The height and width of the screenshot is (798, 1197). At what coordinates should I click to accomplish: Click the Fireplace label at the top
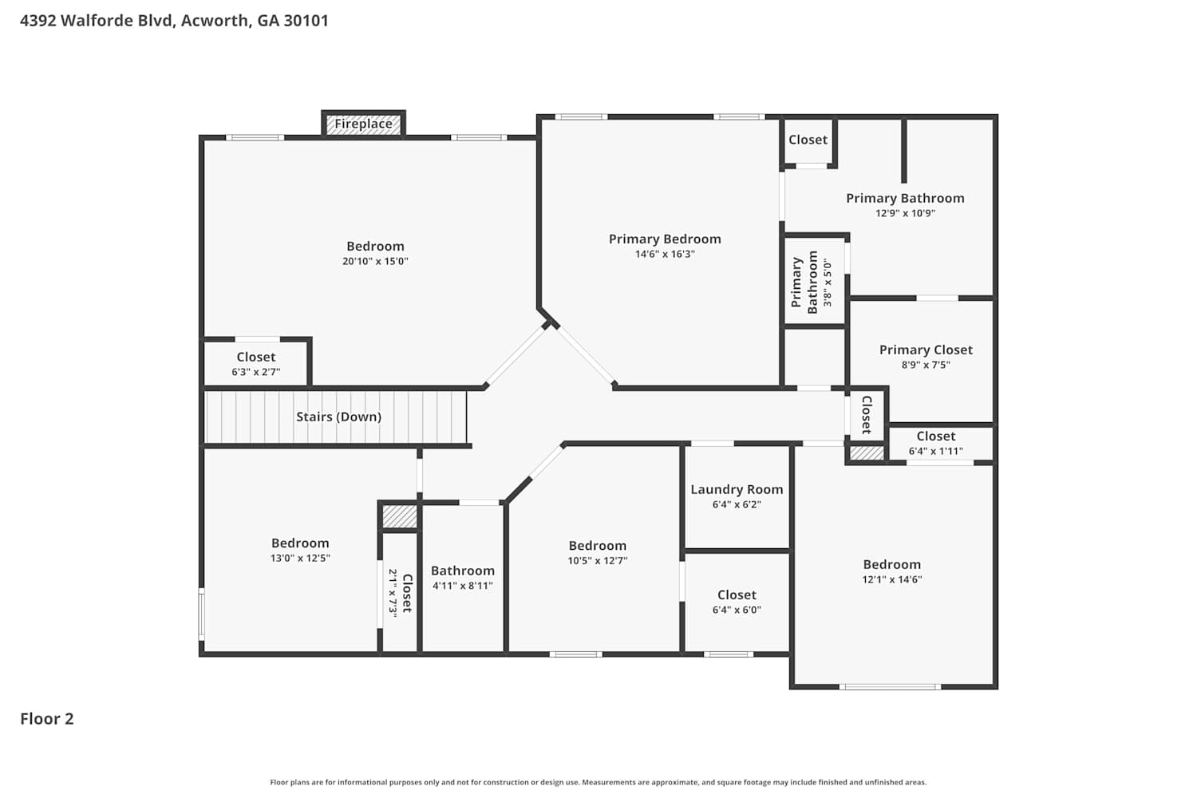click(363, 124)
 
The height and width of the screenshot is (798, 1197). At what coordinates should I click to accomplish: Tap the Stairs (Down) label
click(339, 417)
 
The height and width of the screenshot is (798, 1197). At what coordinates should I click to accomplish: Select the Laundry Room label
click(737, 490)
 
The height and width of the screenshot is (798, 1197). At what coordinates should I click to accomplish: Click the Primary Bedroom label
click(665, 239)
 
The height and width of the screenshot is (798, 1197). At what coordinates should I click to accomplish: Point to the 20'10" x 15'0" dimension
click(375, 262)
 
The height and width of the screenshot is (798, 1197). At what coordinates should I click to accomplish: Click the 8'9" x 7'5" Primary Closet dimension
click(926, 365)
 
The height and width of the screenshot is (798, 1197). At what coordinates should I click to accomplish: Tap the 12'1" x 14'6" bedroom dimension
click(892, 579)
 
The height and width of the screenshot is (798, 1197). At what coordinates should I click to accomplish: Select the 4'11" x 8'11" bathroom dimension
click(463, 586)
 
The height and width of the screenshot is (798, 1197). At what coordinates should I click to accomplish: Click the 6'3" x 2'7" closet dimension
click(256, 372)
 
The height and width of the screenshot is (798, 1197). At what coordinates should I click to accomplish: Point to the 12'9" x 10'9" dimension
click(905, 213)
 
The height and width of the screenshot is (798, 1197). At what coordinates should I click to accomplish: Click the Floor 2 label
click(47, 719)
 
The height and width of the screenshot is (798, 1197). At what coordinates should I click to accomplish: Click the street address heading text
click(174, 21)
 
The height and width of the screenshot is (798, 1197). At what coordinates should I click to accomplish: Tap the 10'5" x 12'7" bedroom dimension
click(598, 561)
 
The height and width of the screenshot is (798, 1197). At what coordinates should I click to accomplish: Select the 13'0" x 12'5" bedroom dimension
click(300, 559)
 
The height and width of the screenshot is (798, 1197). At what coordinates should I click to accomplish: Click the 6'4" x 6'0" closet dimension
click(737, 610)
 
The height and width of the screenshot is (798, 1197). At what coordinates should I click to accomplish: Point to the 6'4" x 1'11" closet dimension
click(936, 451)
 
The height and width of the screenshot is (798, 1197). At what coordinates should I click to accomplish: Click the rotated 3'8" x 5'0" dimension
click(828, 282)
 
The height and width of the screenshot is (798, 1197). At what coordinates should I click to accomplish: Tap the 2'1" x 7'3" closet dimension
click(393, 593)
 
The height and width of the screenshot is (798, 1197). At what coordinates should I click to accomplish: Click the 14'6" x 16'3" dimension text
click(665, 255)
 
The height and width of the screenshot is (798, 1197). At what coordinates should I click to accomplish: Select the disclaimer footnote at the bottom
click(598, 783)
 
